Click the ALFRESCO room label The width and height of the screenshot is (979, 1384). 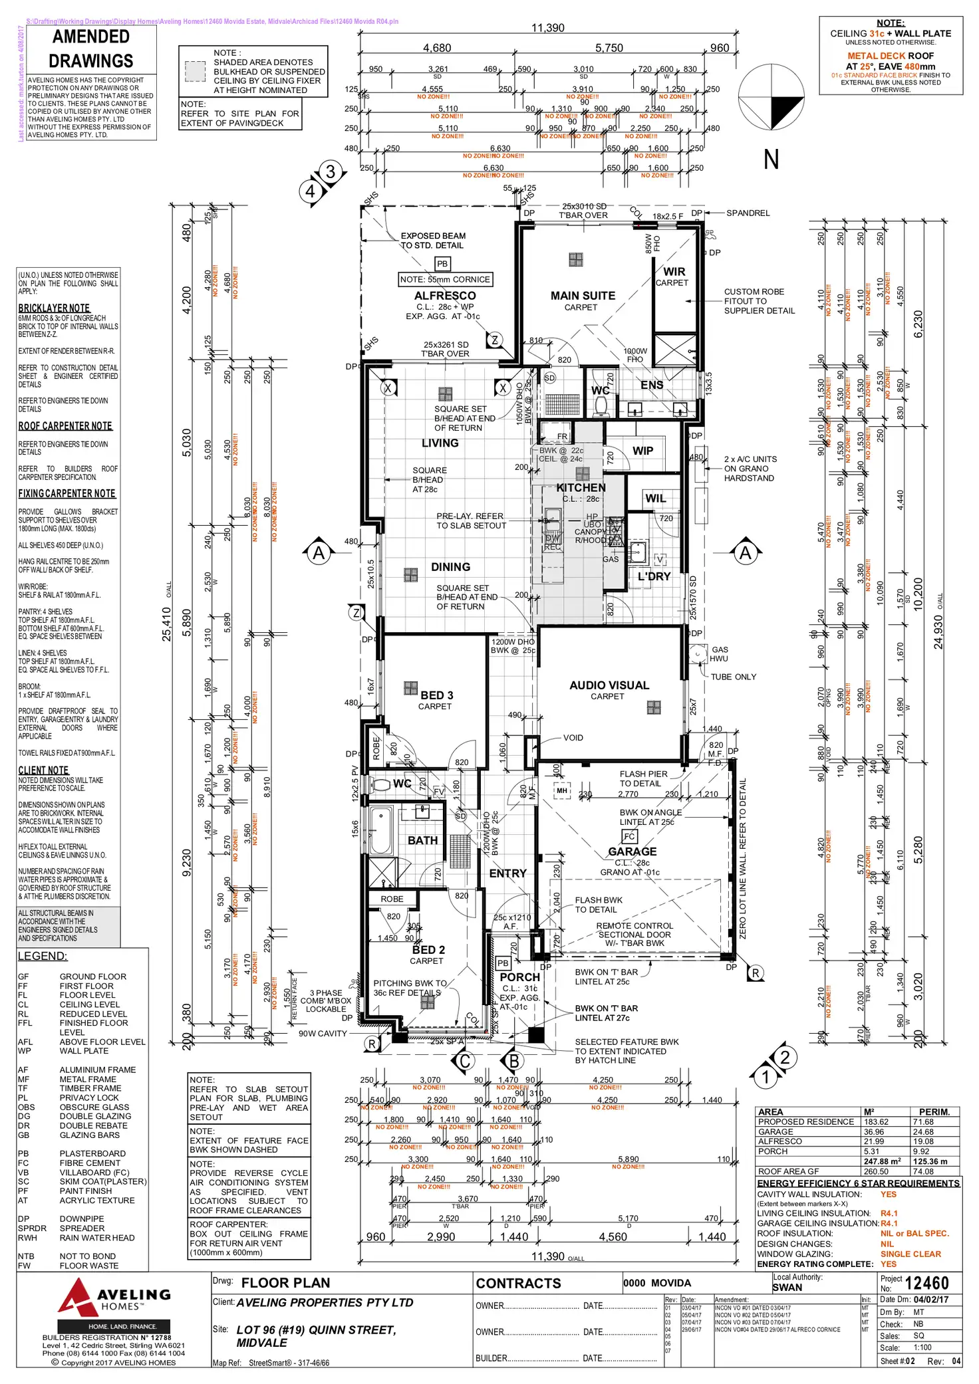pos(445,296)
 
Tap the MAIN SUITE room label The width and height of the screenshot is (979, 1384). pos(583,296)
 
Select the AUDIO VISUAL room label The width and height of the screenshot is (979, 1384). pos(609,685)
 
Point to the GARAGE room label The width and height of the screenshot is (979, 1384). pos(632,852)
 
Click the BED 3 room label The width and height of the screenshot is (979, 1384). pos(436,695)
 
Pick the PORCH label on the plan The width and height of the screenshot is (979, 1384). pos(519,977)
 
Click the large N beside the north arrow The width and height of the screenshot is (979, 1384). pos(771,160)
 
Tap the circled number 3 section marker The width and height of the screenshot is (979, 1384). pos(331,172)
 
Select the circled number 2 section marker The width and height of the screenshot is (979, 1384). pos(785,1057)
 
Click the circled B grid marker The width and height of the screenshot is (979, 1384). pos(513,1062)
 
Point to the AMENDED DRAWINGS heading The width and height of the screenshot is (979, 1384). pos(91,49)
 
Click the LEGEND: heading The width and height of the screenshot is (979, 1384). pos(43,956)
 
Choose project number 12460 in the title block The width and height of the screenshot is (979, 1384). pos(926,1283)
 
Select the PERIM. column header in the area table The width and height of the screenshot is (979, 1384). pos(934,1111)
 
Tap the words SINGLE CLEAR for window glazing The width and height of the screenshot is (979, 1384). pos(910,1254)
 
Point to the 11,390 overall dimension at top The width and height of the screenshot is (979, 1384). pos(547,28)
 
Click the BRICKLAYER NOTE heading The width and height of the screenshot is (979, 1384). pos(54,308)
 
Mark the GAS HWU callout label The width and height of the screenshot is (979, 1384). pos(720,654)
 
